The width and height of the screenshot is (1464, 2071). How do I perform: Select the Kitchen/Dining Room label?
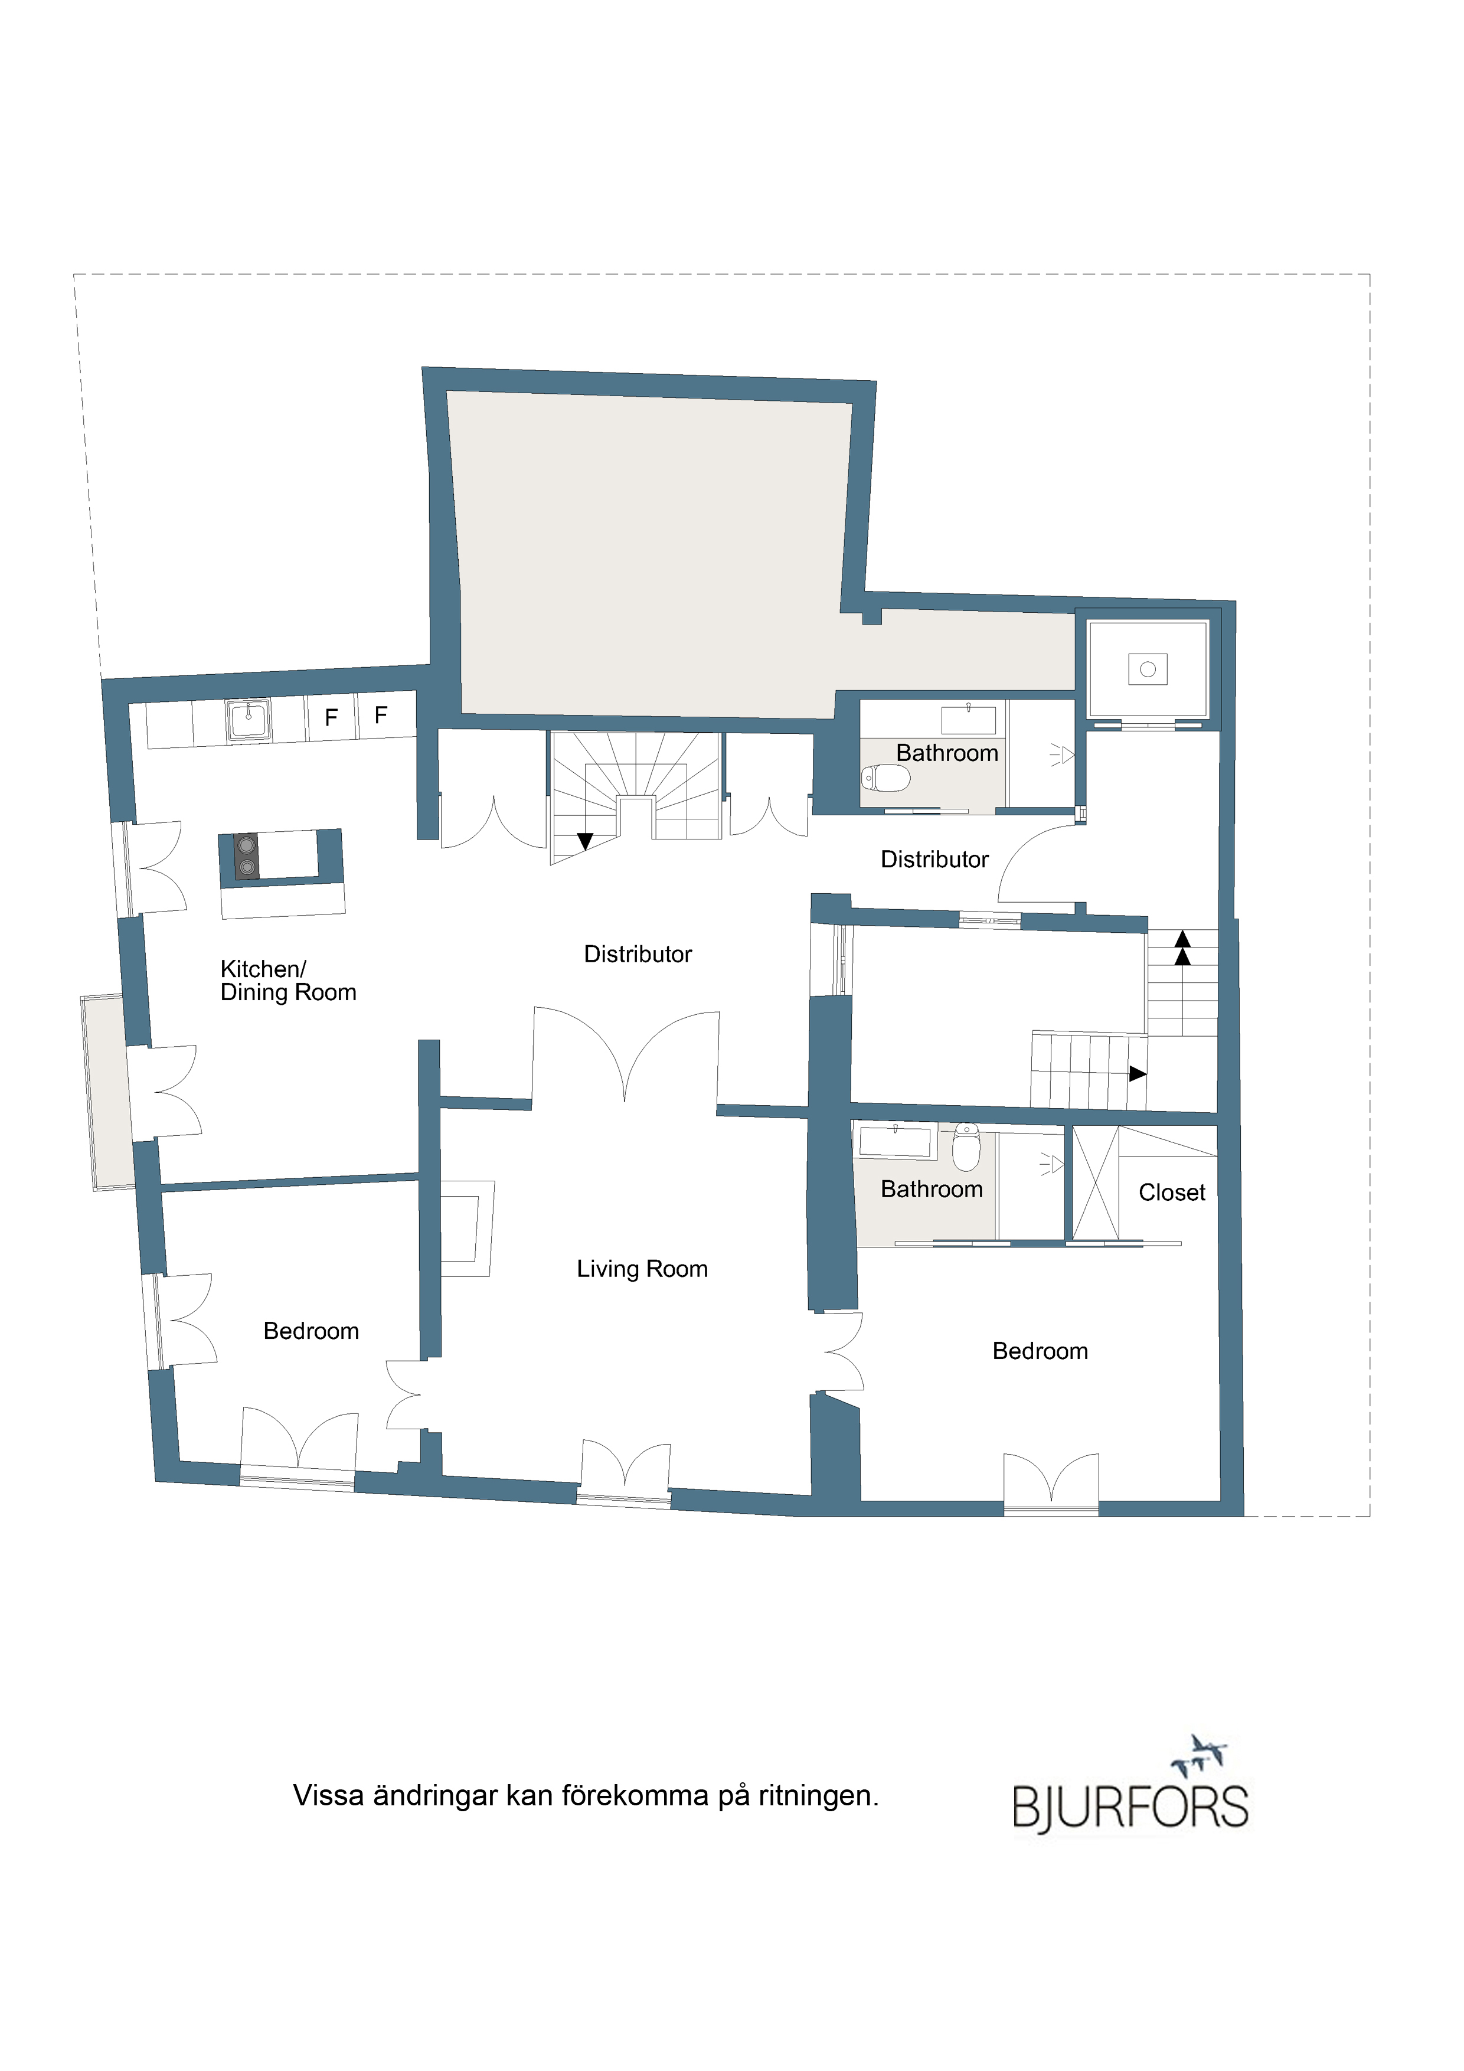click(287, 981)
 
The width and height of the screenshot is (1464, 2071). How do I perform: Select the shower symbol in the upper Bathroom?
click(1063, 755)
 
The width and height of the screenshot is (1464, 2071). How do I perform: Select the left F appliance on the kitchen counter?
click(331, 717)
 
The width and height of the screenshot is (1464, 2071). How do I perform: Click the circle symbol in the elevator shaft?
click(1148, 669)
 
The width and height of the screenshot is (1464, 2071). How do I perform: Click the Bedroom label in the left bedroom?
click(311, 1331)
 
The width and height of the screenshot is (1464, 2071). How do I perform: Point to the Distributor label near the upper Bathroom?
click(934, 859)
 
